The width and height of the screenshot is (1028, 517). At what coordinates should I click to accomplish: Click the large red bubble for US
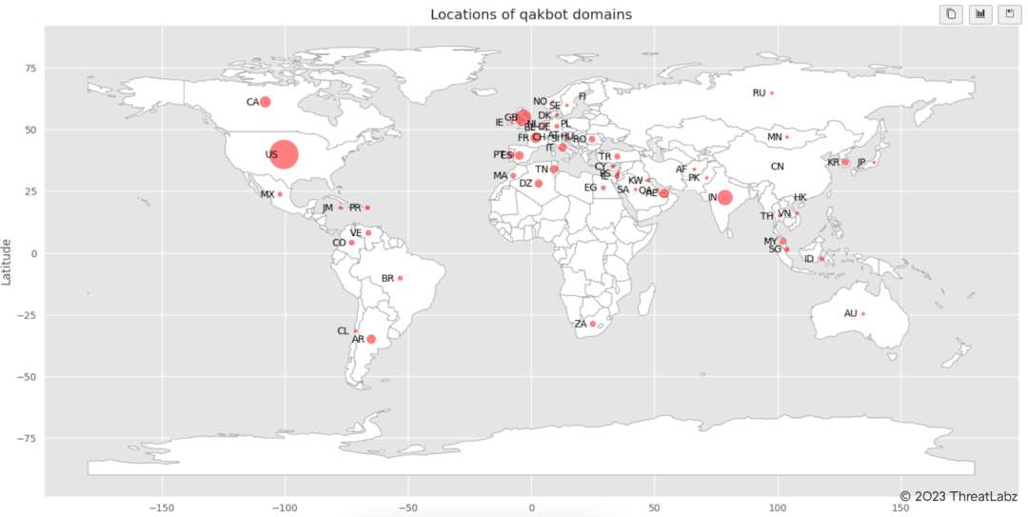tap(284, 154)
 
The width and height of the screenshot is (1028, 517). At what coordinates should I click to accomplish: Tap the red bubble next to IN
tap(724, 197)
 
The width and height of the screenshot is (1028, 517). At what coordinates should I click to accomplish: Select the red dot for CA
tap(266, 102)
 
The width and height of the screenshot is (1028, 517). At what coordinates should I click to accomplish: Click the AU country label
tap(850, 313)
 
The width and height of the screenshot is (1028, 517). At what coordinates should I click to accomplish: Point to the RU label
tap(759, 93)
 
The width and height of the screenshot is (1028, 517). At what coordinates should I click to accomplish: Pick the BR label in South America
tap(387, 279)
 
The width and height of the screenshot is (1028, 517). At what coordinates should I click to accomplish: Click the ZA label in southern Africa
tap(581, 325)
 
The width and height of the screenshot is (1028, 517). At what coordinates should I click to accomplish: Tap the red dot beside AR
tap(371, 339)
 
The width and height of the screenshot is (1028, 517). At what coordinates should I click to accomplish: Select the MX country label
tap(267, 194)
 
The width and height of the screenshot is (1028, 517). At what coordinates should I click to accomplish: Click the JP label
tap(861, 163)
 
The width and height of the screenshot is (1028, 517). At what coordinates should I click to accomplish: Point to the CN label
tap(778, 167)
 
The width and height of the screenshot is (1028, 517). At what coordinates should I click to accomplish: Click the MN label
tap(775, 137)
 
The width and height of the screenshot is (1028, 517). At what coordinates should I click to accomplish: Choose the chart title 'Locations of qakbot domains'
tap(531, 14)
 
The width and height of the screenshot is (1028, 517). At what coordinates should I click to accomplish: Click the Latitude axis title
tap(8, 262)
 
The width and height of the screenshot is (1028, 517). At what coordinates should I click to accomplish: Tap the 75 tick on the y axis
tap(31, 68)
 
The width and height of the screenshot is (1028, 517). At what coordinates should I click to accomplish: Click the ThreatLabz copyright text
tap(959, 495)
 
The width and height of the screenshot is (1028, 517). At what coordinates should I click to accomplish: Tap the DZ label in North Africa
tap(525, 184)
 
